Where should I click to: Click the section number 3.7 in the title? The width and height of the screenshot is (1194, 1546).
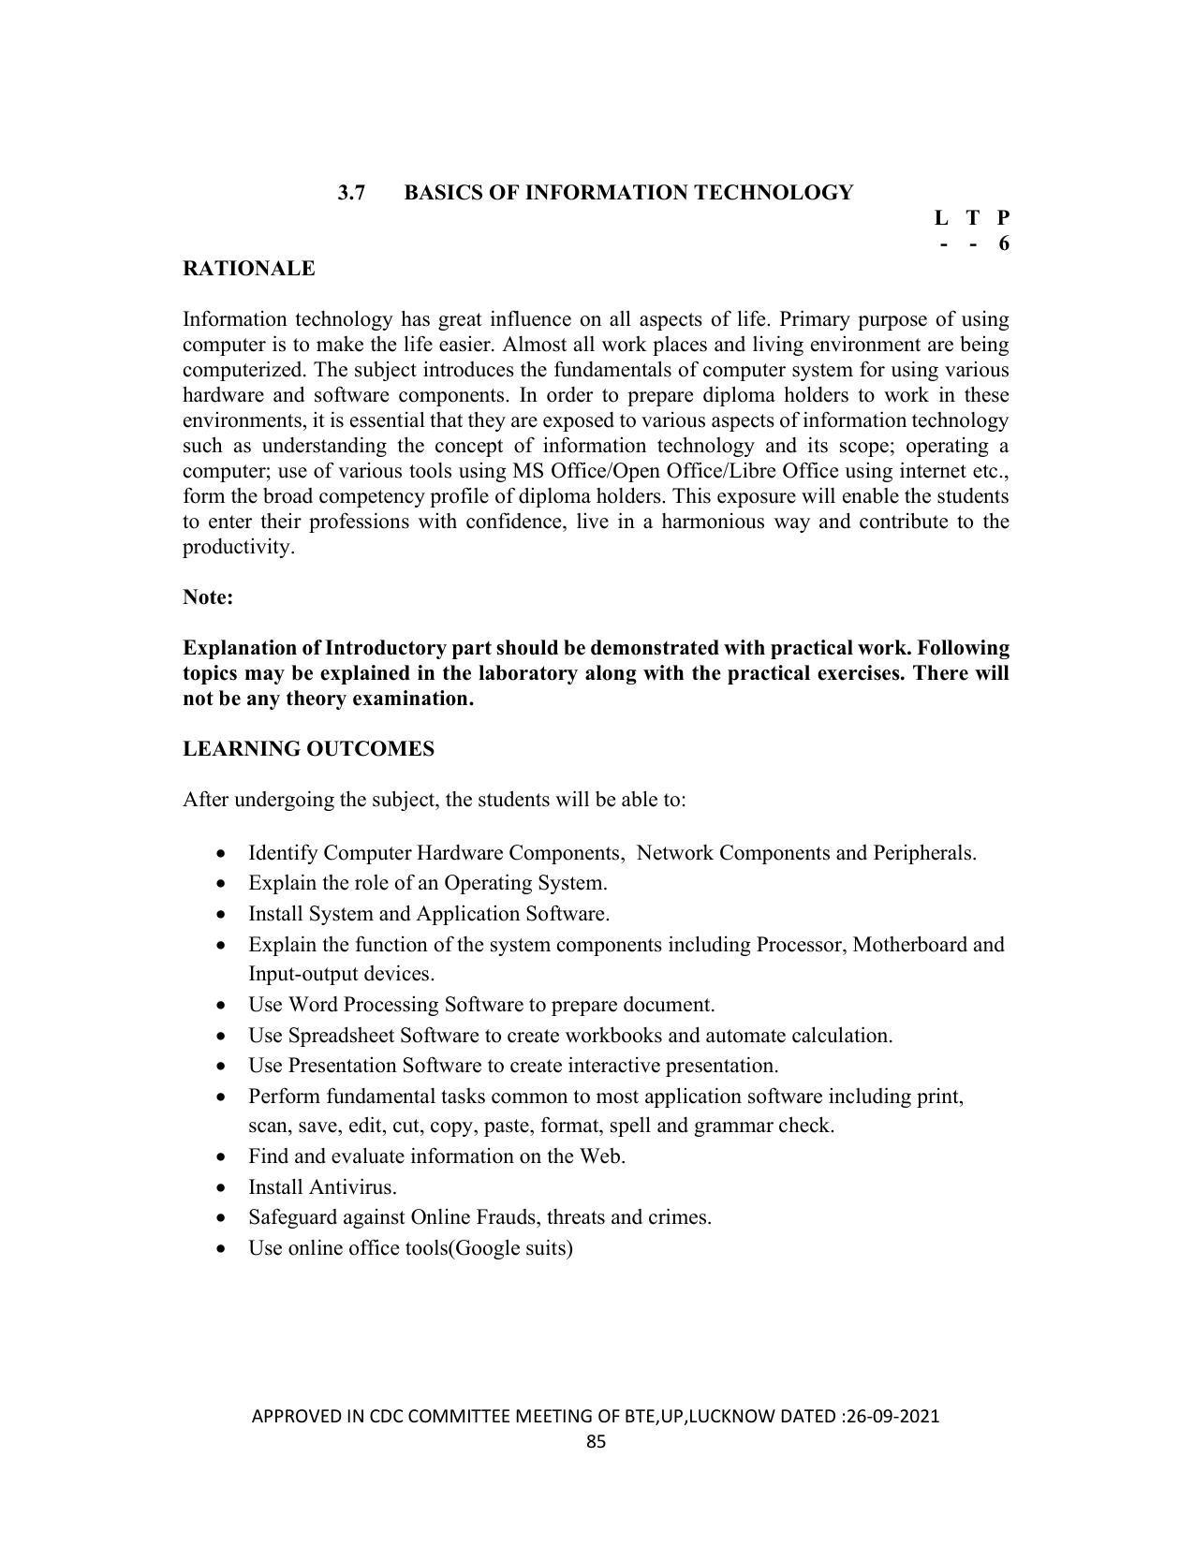pos(351,193)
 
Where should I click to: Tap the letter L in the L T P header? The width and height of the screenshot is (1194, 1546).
pos(941,218)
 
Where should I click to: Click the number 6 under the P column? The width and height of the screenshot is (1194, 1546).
pos(1004,243)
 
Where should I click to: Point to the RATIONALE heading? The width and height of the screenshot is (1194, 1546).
pos(248,269)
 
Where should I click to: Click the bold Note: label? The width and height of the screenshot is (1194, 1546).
pos(208,597)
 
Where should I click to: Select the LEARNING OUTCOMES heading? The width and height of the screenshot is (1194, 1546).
pos(308,749)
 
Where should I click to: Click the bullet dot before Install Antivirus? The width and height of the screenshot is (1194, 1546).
pos(220,1187)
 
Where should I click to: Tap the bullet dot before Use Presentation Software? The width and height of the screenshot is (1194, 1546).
pos(220,1066)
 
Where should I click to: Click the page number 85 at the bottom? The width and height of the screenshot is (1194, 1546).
pos(597,1442)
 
